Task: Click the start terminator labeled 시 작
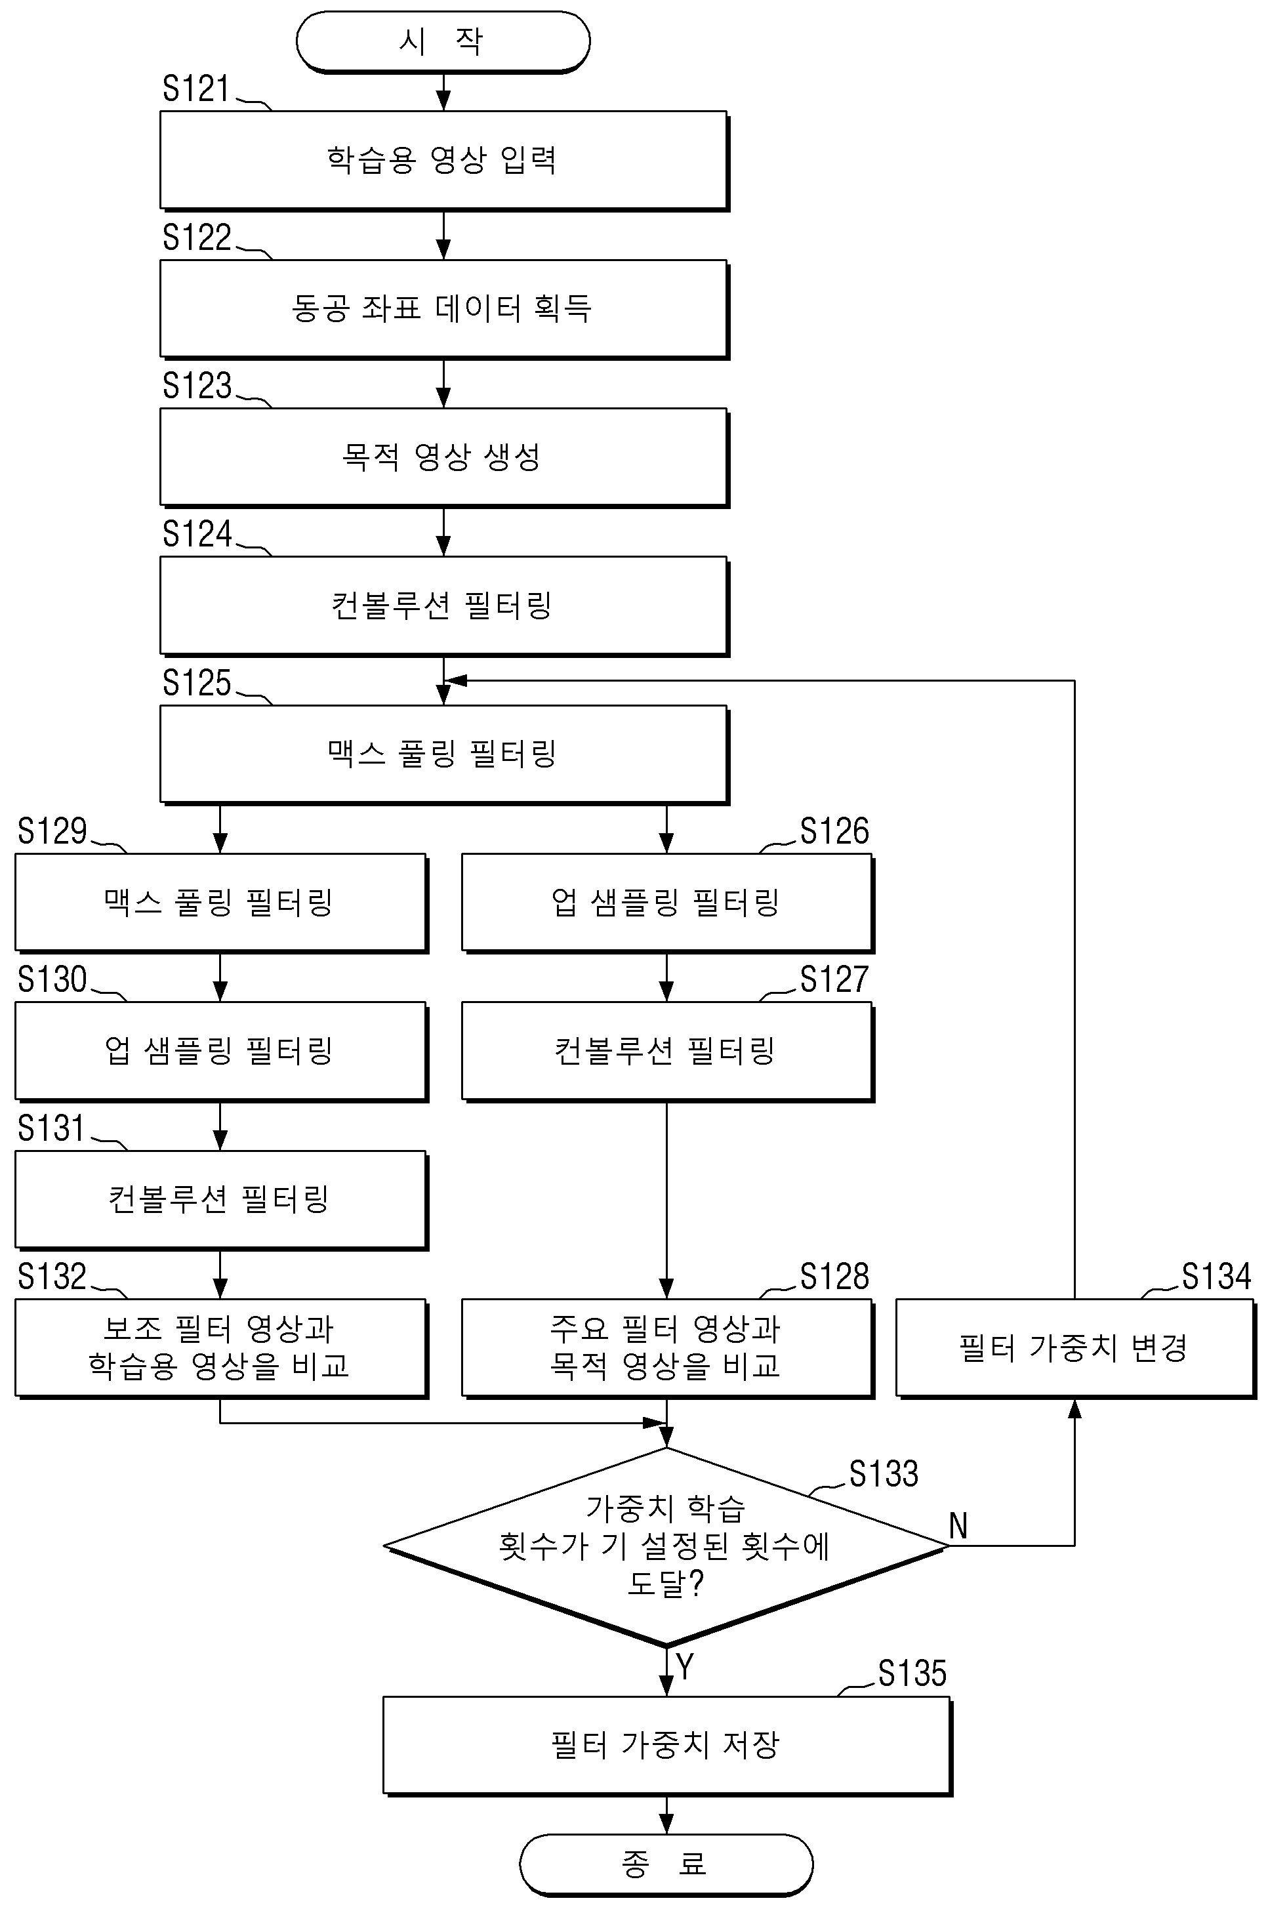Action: (x=443, y=41)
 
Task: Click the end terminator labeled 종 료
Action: (x=666, y=1864)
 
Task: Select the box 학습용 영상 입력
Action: (x=444, y=161)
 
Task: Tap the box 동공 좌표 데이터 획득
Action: (x=444, y=309)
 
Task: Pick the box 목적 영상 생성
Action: (x=444, y=458)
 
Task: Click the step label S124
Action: (x=197, y=533)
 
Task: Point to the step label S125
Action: (x=197, y=682)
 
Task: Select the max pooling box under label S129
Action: (x=221, y=903)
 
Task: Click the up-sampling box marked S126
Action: (x=667, y=903)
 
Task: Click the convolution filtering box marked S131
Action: (x=221, y=1200)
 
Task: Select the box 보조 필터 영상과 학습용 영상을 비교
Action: (x=221, y=1348)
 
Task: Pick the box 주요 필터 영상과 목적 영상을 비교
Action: (x=667, y=1348)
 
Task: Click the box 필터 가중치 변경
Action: (x=1076, y=1348)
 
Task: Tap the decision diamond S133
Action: (x=666, y=1546)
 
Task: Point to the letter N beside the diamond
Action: (x=958, y=1526)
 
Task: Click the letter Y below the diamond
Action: (x=685, y=1667)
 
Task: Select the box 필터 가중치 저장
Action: (x=667, y=1745)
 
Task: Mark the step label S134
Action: (x=1216, y=1276)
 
